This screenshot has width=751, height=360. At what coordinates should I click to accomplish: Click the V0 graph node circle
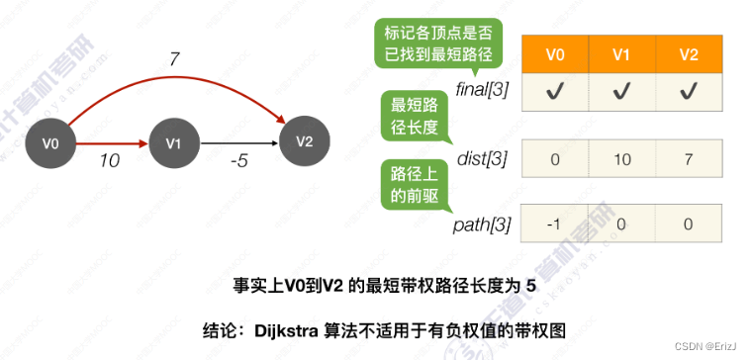51,144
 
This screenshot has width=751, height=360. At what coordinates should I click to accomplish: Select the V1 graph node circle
173,144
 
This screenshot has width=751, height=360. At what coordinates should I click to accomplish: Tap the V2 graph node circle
304,140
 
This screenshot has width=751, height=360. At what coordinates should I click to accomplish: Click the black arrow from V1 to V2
237,144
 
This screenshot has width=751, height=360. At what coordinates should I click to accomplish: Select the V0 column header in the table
557,54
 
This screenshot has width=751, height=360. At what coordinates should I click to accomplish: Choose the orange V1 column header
622,54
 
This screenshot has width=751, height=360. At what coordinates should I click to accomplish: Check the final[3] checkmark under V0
557,91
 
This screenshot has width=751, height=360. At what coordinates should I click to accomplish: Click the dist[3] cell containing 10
622,158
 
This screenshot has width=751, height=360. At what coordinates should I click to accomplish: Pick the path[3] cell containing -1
557,224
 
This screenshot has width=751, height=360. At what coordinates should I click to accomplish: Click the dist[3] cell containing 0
557,158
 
